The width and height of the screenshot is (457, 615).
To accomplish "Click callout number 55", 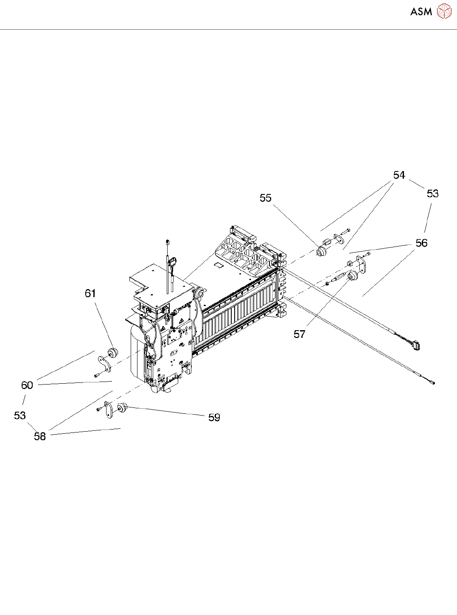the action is coord(266,198).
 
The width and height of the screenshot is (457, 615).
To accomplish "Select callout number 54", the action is coord(399,175).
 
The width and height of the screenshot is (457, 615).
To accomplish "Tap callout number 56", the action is coord(421,243).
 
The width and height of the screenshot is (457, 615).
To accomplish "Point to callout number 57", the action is coord(300,334).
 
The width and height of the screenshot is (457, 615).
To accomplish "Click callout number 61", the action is coord(90,293).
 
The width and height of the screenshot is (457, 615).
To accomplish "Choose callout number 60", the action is coord(27,385).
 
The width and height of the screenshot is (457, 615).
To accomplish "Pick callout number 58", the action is coord(40,436).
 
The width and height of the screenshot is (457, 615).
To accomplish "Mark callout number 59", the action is coord(214,418).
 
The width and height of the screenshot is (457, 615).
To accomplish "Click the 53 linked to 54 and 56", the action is coord(432,194).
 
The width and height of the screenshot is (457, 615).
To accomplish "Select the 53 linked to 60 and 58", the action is coord(20,416).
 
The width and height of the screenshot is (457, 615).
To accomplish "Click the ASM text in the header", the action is coord(421,12).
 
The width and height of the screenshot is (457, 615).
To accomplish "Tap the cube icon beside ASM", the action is coord(444,11).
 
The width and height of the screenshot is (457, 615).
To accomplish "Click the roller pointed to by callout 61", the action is coord(113,353).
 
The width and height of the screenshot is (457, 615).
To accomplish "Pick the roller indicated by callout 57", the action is coord(352,277).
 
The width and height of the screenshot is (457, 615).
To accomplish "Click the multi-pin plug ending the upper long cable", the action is coord(416,346).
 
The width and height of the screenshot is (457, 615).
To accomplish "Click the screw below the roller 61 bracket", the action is coord(97,375).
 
